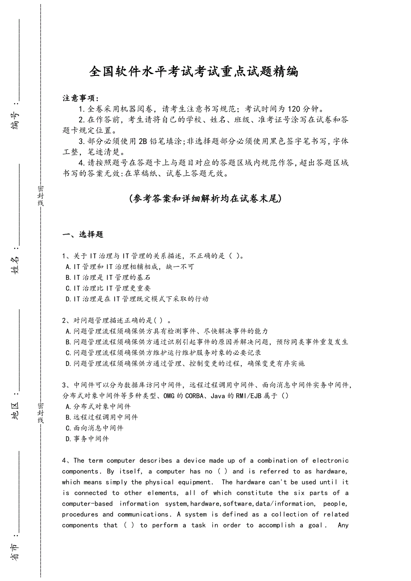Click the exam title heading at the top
click(x=194, y=71)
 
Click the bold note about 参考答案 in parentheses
click(x=205, y=199)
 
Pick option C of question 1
click(x=108, y=288)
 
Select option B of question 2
click(x=206, y=342)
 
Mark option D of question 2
click(x=185, y=364)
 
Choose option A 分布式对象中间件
click(x=98, y=407)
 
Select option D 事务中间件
click(x=87, y=439)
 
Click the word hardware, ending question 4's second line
click(x=332, y=471)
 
